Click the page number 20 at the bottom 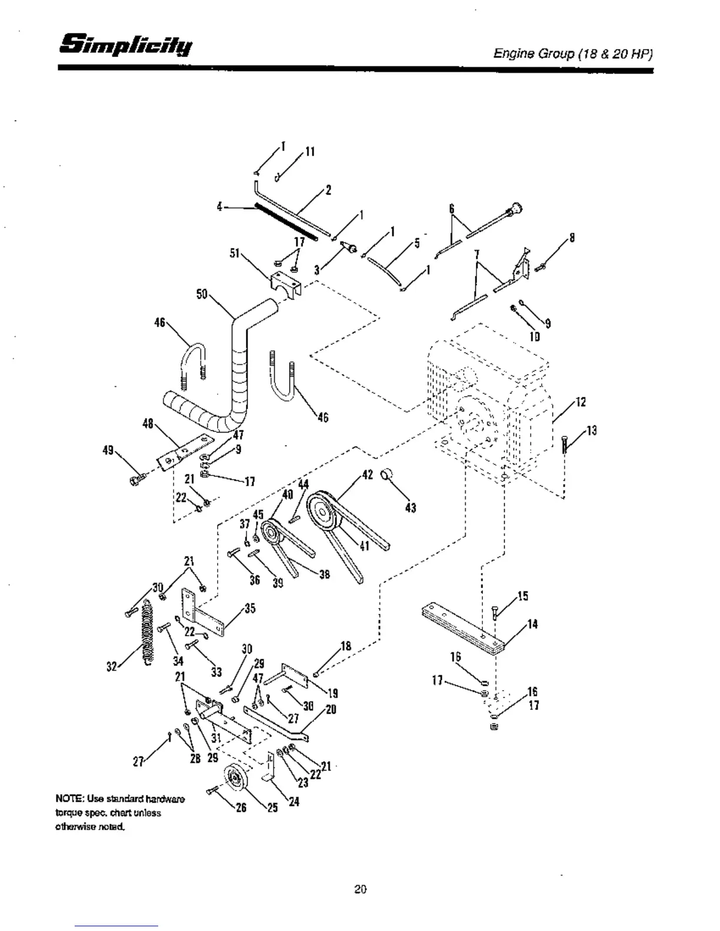(x=360, y=889)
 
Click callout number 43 (x=411, y=507)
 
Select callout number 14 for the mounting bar (x=532, y=624)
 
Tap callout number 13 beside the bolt (x=591, y=430)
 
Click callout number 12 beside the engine (x=581, y=402)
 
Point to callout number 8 (x=571, y=238)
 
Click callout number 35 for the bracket (x=250, y=608)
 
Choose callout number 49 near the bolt (x=108, y=451)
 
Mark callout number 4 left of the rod (x=219, y=207)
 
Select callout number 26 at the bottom (x=241, y=807)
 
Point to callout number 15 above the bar (x=522, y=596)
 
